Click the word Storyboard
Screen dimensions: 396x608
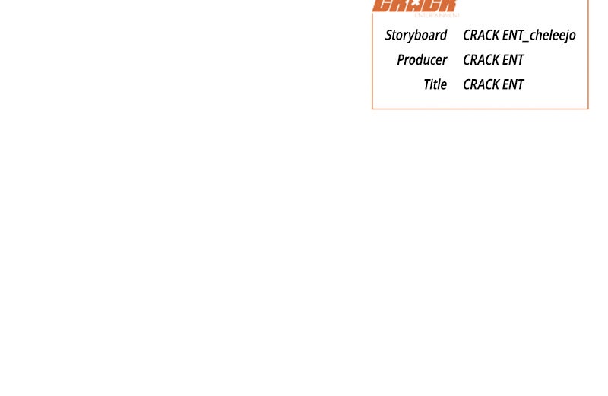pos(416,35)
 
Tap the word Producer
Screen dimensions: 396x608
pos(422,59)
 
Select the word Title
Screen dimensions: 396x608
pos(435,84)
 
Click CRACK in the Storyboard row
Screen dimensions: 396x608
pos(481,35)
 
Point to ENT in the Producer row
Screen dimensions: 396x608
pos(513,59)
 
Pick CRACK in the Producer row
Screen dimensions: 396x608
pos(481,59)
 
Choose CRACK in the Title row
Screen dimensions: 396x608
pos(481,84)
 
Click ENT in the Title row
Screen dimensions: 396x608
pos(513,84)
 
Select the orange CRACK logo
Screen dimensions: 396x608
pos(414,5)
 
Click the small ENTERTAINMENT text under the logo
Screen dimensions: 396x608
pos(437,15)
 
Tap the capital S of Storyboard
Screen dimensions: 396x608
pos(389,35)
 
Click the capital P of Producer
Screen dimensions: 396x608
pos(401,59)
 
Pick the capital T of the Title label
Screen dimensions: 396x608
pos(427,84)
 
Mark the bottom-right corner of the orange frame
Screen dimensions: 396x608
pos(588,109)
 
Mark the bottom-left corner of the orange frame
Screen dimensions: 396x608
pos(372,109)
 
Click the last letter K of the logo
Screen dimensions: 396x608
pos(448,5)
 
